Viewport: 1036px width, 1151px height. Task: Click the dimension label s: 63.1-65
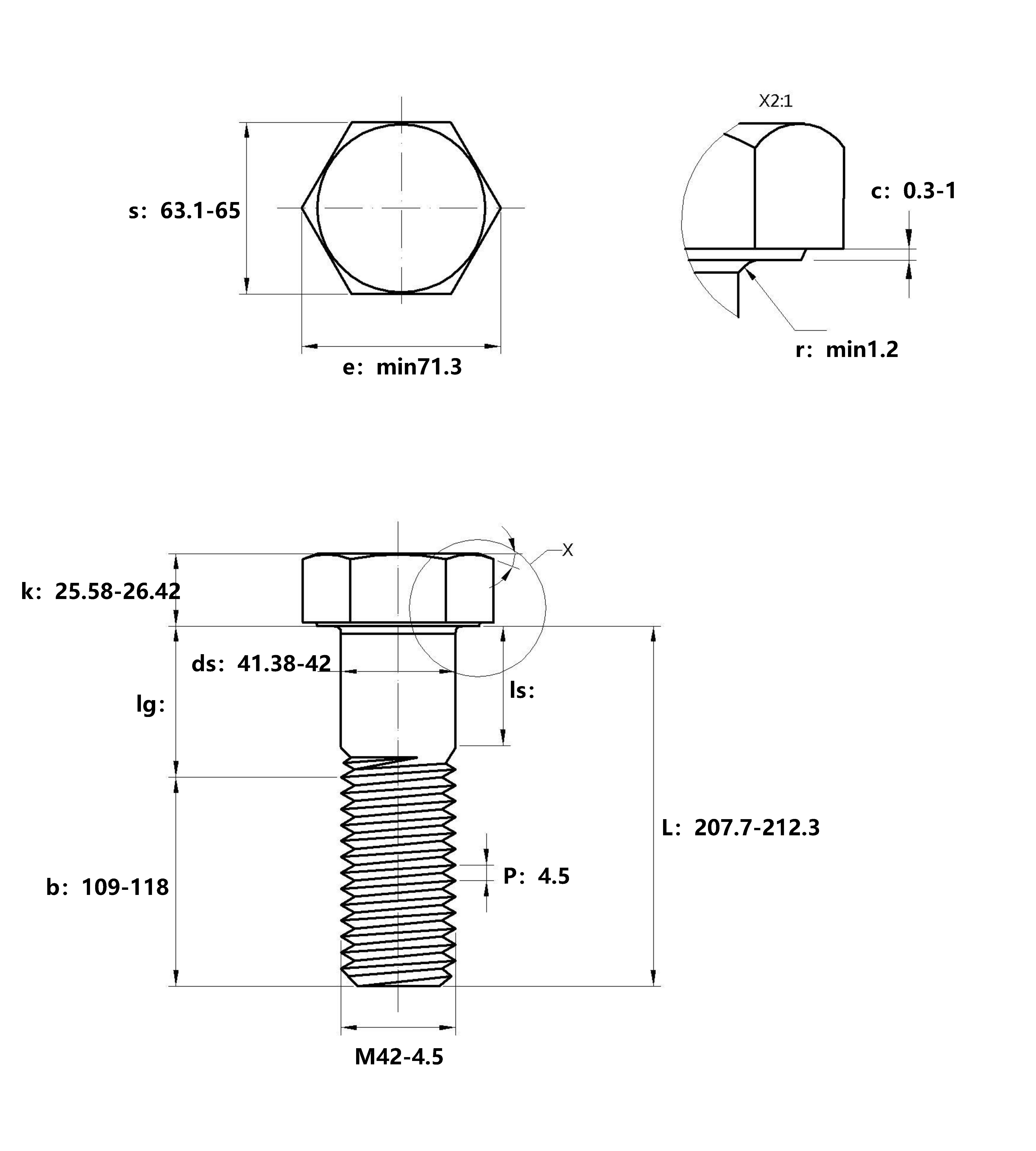[184, 211]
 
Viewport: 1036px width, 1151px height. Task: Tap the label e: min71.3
[402, 367]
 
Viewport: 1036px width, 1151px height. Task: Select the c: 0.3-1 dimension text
[914, 191]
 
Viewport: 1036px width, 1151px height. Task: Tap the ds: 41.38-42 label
[261, 663]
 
